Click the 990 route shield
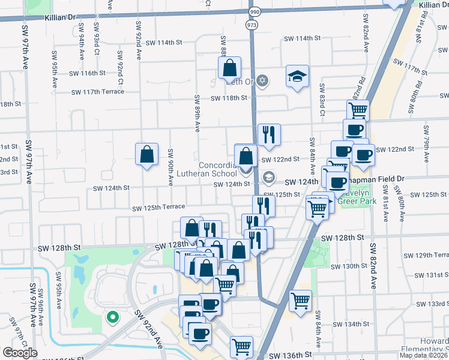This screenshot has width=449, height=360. point(254,12)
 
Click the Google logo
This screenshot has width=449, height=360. point(20,353)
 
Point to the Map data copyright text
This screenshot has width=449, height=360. point(423,355)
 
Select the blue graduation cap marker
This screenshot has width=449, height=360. point(297,76)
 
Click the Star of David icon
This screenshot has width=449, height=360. point(262,80)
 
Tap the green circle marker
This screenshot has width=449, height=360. point(111,317)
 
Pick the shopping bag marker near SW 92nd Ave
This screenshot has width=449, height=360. point(146,155)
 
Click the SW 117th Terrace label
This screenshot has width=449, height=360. point(98,92)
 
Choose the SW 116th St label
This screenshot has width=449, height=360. point(87,73)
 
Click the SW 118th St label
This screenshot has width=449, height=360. point(228,98)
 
